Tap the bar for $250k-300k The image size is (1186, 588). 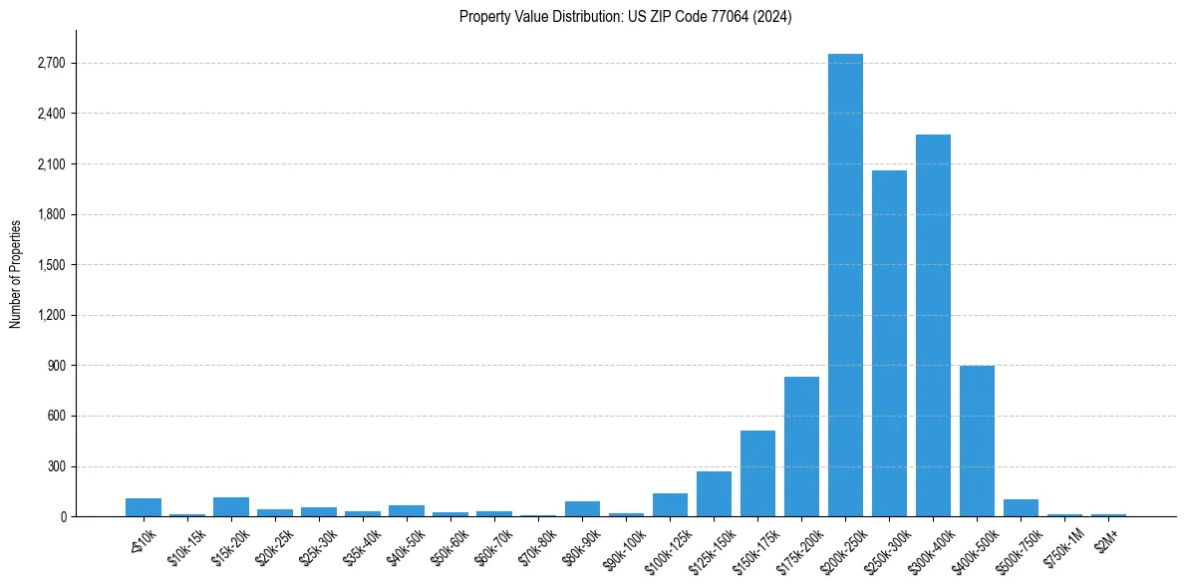pyautogui.click(x=889, y=343)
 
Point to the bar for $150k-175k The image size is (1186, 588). pyautogui.click(x=757, y=473)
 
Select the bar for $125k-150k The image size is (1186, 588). pyautogui.click(x=714, y=493)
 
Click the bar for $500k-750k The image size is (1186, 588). pyautogui.click(x=1021, y=507)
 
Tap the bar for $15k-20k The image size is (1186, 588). pyautogui.click(x=231, y=506)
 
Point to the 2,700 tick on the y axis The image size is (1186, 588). pyautogui.click(x=51, y=64)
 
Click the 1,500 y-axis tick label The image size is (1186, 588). pyautogui.click(x=51, y=265)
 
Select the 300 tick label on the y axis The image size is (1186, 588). pyautogui.click(x=56, y=466)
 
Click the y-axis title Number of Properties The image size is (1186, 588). pyautogui.click(x=16, y=273)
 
